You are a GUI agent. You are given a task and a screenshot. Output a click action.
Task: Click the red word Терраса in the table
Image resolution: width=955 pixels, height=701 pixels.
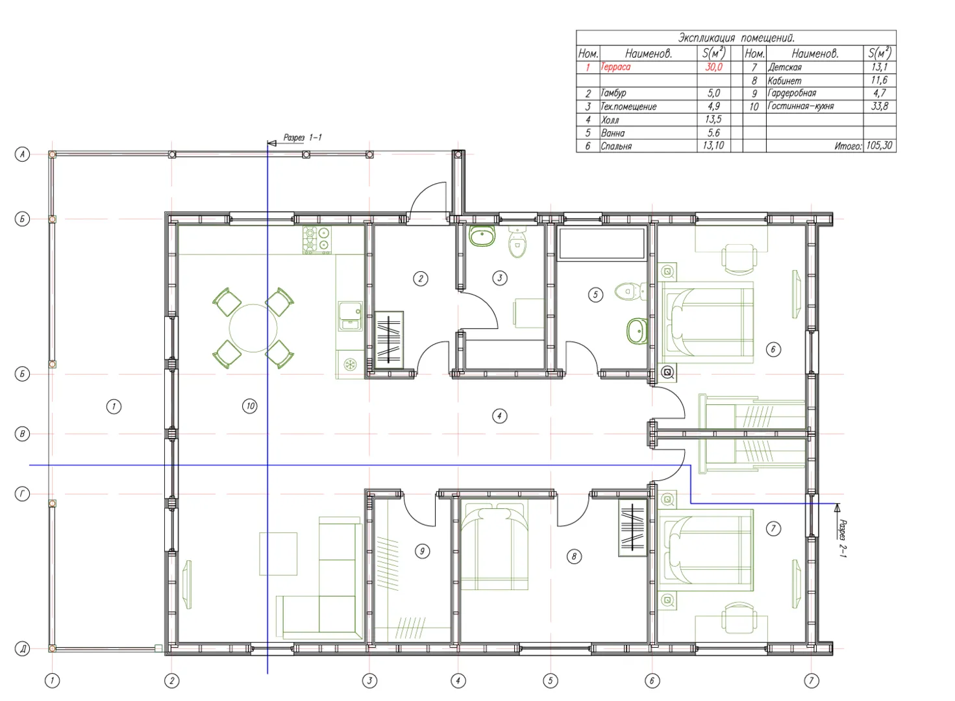click(x=615, y=67)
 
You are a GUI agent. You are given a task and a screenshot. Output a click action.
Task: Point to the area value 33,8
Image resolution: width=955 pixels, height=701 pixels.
click(x=879, y=106)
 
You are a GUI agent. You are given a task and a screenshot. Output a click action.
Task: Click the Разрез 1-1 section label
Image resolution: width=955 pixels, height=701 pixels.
click(x=303, y=138)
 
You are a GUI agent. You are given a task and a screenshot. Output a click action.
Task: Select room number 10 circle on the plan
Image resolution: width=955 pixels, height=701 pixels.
click(x=250, y=406)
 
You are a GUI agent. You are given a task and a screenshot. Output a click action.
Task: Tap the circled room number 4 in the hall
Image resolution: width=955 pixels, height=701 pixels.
click(x=499, y=416)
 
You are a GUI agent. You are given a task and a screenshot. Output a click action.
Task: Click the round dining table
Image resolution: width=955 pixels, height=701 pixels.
click(x=253, y=328)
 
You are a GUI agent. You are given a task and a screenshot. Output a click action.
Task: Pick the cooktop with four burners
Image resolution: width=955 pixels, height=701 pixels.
click(x=317, y=240)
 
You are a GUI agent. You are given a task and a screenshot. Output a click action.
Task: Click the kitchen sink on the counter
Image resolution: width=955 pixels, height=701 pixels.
click(x=350, y=316)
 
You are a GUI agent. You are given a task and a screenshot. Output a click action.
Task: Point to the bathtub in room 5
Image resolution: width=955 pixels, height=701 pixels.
click(x=602, y=244)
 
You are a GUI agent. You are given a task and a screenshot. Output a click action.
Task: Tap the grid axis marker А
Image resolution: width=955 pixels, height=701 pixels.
click(x=22, y=154)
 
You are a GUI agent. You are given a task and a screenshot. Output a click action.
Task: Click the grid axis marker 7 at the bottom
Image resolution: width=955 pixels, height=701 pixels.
click(x=811, y=680)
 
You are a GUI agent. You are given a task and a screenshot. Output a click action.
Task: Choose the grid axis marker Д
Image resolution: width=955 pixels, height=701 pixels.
click(x=22, y=649)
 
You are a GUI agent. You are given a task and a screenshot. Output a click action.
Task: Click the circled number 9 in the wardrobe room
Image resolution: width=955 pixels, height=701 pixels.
click(x=422, y=551)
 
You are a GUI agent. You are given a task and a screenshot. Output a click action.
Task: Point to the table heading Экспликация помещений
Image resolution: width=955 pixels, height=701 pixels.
click(x=736, y=38)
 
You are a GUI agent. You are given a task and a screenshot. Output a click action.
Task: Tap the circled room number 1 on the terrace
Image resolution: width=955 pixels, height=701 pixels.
click(x=114, y=406)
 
